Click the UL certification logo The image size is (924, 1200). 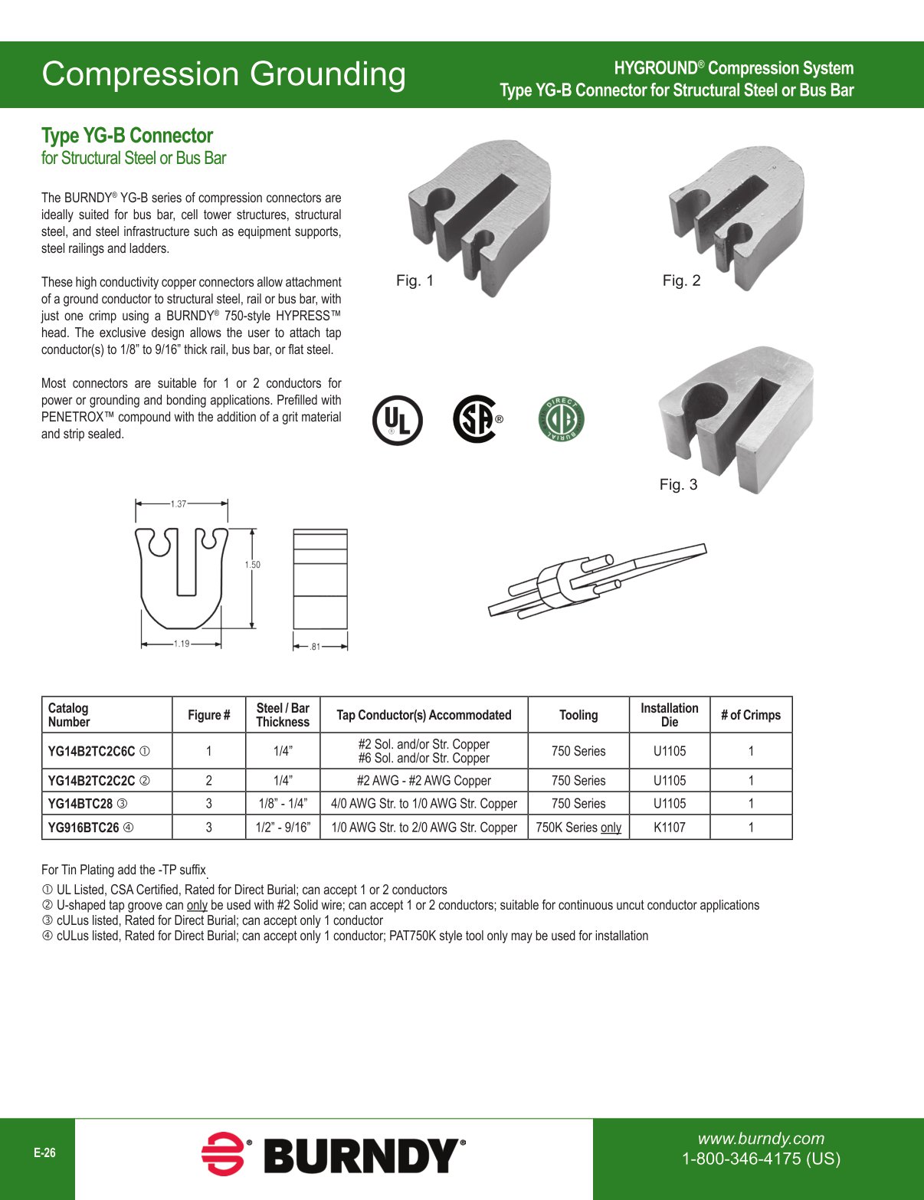tap(397, 420)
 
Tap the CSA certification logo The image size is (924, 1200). tap(475, 418)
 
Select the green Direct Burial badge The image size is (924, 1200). tap(562, 419)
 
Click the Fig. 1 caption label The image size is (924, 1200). tap(414, 280)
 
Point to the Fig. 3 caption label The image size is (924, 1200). tap(678, 484)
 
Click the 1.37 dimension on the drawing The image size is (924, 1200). tap(179, 504)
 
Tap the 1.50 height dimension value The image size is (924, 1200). tap(252, 565)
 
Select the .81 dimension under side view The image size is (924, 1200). tap(315, 647)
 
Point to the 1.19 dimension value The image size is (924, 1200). tap(181, 644)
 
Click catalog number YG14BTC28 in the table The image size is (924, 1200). tap(80, 804)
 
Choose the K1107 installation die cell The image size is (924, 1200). tap(669, 828)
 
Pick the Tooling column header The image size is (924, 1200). tap(578, 715)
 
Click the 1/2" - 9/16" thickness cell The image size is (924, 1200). tap(283, 828)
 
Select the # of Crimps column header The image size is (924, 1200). tap(750, 715)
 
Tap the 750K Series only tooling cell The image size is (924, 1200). tap(578, 828)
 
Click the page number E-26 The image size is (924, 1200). tap(44, 1152)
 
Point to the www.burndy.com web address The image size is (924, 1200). tap(761, 1139)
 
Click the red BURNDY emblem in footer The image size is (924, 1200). tap(223, 1153)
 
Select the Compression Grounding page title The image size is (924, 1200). tap(224, 74)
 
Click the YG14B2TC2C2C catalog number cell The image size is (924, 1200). tap(92, 781)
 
